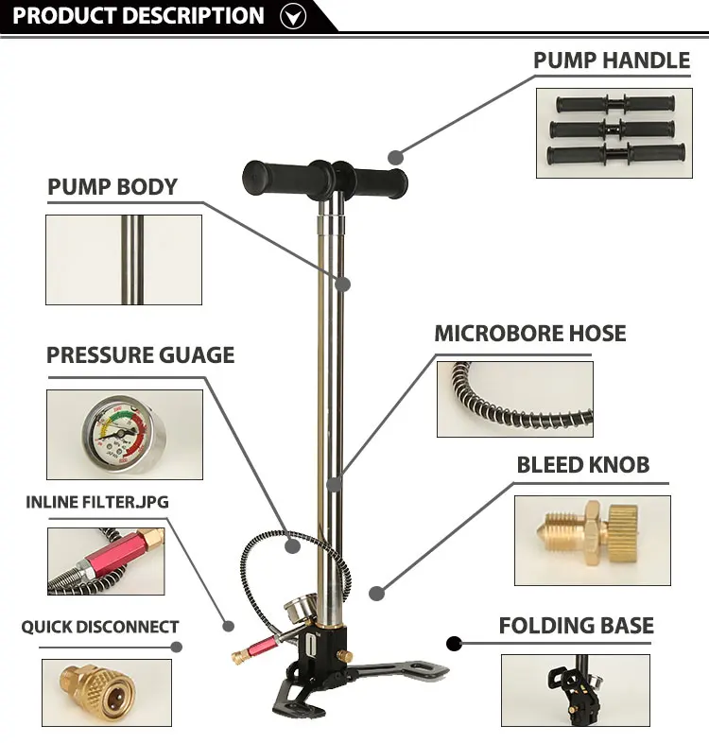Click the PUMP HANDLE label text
click(611, 60)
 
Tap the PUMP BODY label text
click(112, 186)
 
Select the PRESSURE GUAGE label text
click(140, 355)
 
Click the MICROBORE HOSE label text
click(529, 334)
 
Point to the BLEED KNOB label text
click(582, 465)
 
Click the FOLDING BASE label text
click(576, 626)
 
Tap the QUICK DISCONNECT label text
click(99, 627)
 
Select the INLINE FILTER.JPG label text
click(96, 502)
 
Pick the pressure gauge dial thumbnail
click(124, 434)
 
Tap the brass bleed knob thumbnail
click(592, 540)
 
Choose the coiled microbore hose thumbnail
click(514, 399)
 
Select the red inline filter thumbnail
click(105, 561)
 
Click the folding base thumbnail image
click(575, 690)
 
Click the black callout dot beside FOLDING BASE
click(454, 645)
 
